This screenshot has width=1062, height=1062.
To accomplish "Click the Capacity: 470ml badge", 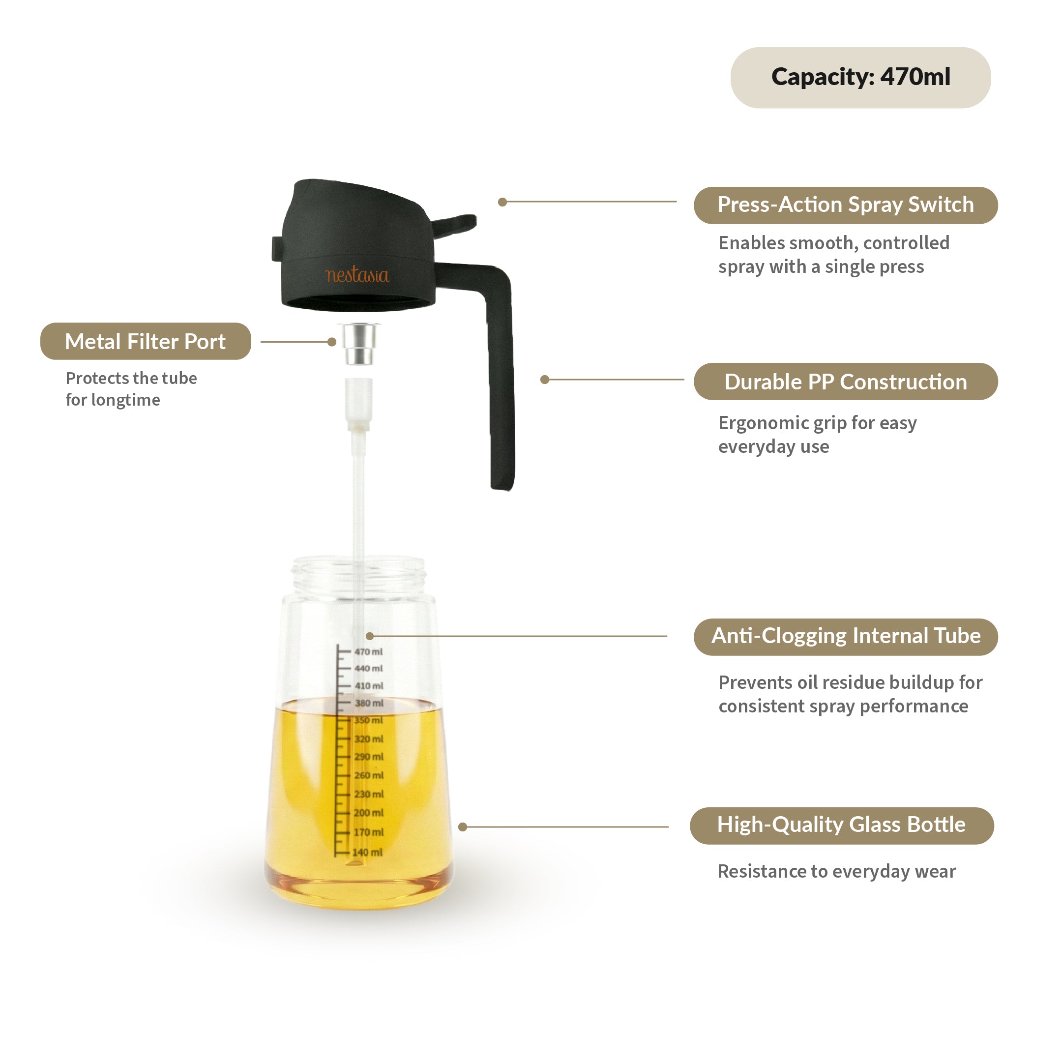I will click(x=860, y=78).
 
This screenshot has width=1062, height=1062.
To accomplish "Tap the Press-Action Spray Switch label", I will click(x=846, y=205).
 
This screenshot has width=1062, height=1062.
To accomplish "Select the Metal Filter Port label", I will click(x=146, y=341).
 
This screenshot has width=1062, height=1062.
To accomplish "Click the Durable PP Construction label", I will click(x=846, y=382).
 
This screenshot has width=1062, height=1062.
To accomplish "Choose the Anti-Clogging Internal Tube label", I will click(x=846, y=636).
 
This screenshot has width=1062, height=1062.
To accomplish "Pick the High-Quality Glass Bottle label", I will click(x=841, y=825).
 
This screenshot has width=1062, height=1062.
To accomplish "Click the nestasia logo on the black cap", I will click(x=357, y=275).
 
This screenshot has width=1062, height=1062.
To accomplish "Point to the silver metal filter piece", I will click(x=359, y=344).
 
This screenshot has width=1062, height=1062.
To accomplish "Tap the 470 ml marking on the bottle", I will click(x=368, y=652).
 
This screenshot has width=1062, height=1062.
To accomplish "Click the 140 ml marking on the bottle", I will click(x=367, y=853).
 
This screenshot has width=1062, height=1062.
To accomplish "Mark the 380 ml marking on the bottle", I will click(x=369, y=703).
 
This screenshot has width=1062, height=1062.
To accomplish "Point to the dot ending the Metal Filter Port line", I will click(x=332, y=342).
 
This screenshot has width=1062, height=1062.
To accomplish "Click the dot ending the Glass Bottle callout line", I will click(x=463, y=826).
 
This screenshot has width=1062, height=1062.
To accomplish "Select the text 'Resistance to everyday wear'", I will click(x=837, y=872).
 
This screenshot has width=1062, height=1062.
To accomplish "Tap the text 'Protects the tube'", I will click(x=131, y=378).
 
